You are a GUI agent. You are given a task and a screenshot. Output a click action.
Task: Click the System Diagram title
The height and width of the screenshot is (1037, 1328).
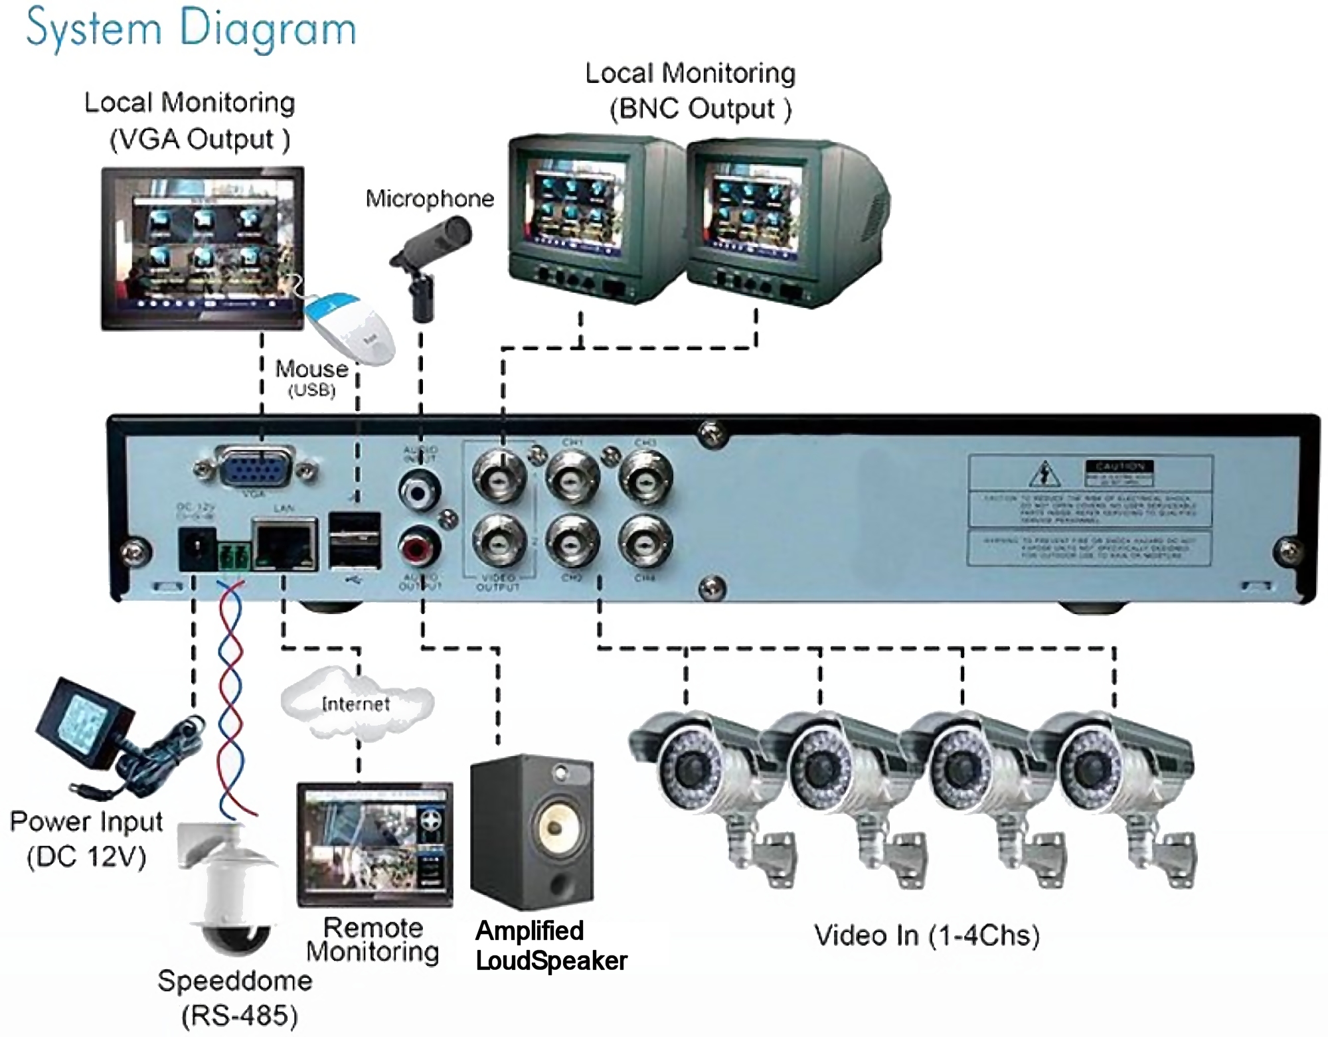(x=191, y=30)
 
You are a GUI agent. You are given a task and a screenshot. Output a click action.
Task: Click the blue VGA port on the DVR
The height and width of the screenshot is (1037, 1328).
(x=256, y=471)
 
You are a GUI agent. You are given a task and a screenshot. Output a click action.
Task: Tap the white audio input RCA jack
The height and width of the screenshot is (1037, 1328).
(x=419, y=491)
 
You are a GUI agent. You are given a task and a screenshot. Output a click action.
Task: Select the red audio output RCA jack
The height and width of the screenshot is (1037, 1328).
(x=419, y=547)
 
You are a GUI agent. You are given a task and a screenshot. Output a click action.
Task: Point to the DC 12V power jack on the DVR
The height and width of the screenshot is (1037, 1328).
(x=197, y=548)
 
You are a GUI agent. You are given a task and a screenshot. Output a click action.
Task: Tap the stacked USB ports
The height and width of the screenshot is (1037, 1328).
(x=355, y=540)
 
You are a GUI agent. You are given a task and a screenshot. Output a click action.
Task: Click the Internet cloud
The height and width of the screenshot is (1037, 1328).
(x=357, y=703)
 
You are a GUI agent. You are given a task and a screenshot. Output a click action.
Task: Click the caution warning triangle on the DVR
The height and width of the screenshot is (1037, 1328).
(x=1045, y=474)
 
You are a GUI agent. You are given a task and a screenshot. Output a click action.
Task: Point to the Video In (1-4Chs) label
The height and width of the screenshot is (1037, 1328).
(x=927, y=935)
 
